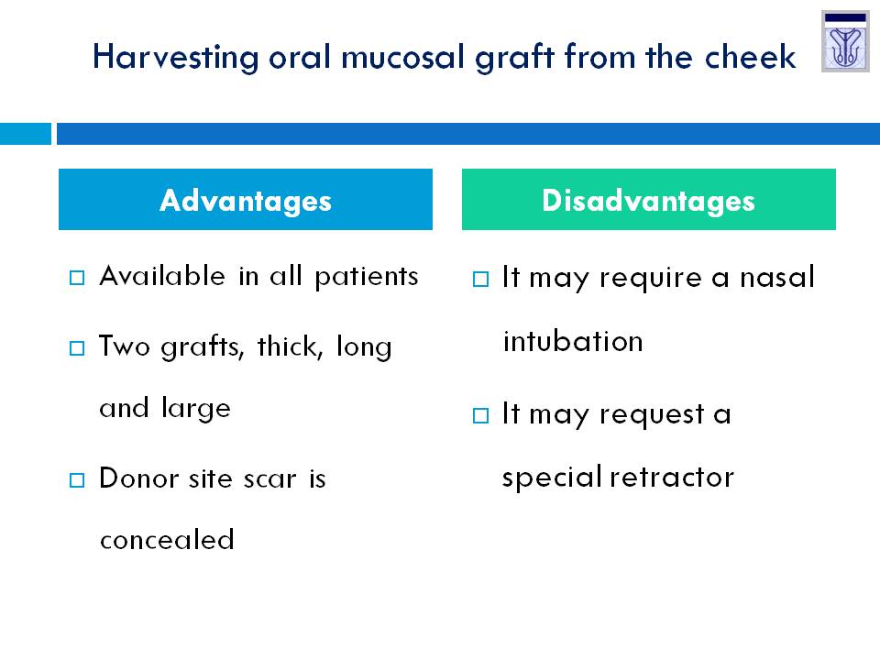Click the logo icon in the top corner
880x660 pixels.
point(845,41)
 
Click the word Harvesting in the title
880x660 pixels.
point(176,58)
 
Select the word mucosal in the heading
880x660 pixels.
point(402,57)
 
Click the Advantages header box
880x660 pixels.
point(246,199)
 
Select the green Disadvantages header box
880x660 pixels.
point(649,199)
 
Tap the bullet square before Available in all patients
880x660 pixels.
point(77,278)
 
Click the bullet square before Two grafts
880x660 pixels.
point(77,348)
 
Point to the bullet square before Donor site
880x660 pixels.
point(77,480)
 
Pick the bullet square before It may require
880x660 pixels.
point(480,279)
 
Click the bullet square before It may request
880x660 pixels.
point(480,416)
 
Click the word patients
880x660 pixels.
point(367,277)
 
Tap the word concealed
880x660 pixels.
point(167,539)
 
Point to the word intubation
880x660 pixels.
point(573,341)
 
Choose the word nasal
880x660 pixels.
point(777,277)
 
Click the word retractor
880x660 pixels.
point(672,478)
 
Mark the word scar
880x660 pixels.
point(269,479)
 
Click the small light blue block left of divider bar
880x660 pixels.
point(26,134)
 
